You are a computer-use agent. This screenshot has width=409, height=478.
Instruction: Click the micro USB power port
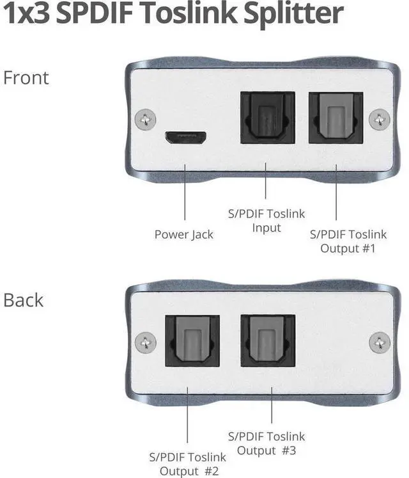coord(185,137)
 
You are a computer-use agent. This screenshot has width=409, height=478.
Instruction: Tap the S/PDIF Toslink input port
coord(266,118)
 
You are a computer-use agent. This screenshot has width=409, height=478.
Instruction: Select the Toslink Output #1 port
coord(336,118)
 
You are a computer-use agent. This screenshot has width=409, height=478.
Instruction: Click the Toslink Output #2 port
coord(193,340)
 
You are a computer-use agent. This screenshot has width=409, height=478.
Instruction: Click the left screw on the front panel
coord(146,118)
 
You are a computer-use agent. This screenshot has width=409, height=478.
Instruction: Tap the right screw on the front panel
coord(381,118)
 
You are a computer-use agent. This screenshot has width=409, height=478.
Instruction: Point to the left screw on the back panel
coord(146,341)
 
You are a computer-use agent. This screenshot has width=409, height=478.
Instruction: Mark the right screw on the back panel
coord(381,341)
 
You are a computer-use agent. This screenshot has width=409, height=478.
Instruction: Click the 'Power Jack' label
coord(184,234)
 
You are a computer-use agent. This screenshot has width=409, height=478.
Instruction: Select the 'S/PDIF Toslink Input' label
coord(266,221)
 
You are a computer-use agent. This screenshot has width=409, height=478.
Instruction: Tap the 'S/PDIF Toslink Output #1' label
coord(348,241)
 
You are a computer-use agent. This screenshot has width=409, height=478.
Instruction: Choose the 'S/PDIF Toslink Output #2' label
coord(187,465)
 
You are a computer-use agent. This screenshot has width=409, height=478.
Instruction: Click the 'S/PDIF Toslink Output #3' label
coord(266,443)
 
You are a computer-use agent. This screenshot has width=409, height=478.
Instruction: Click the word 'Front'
coord(26,78)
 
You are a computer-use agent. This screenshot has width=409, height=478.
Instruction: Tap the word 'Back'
coord(24,300)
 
